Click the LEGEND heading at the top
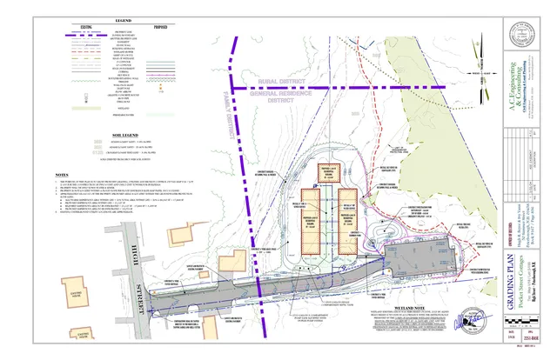[x=117, y=19]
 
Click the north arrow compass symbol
[x=479, y=58]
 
